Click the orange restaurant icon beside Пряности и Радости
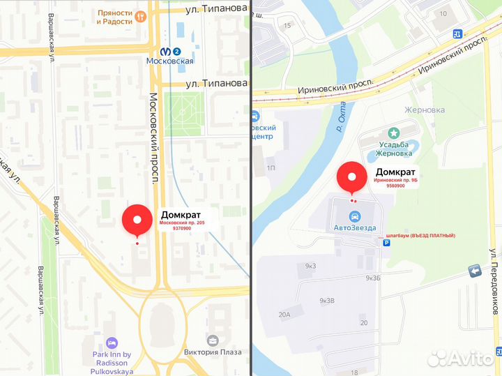[x=141, y=16]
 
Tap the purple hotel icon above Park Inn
[x=111, y=343]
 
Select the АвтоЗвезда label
[x=355, y=228]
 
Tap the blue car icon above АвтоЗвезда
[x=355, y=215]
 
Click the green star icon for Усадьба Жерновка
[x=395, y=132]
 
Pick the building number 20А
[x=284, y=315]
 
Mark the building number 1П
[x=271, y=168]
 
